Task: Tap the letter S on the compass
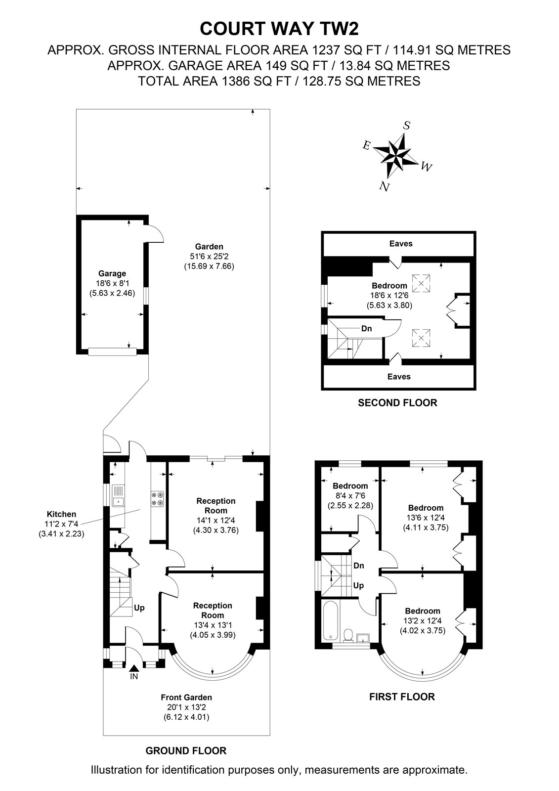(x=407, y=126)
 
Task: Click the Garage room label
(x=112, y=273)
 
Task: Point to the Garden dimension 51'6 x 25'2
(x=209, y=256)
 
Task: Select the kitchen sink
(x=118, y=495)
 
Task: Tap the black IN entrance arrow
(x=134, y=668)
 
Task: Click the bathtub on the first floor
(x=331, y=620)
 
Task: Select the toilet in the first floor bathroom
(x=348, y=634)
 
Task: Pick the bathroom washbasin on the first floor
(x=363, y=637)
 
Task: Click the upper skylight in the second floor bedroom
(x=421, y=283)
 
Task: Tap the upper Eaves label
(x=401, y=243)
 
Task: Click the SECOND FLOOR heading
(x=397, y=402)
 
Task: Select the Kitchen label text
(x=61, y=514)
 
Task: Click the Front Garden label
(x=186, y=698)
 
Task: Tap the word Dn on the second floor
(x=367, y=328)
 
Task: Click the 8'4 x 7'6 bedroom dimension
(x=350, y=495)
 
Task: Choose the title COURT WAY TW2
(x=279, y=29)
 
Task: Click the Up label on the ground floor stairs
(x=139, y=608)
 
